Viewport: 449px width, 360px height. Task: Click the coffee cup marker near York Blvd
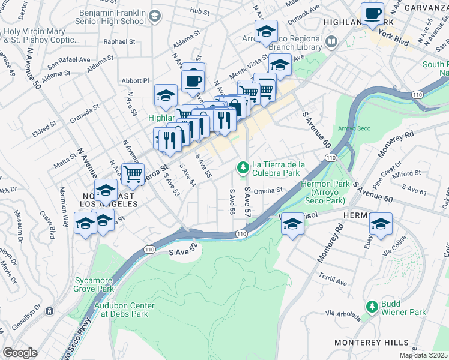pyautogui.click(x=372, y=13)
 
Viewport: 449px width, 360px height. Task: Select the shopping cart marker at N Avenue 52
pyautogui.click(x=133, y=175)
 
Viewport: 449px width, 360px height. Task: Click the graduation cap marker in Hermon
pyautogui.click(x=381, y=224)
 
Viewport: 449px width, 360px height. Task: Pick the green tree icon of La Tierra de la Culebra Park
pyautogui.click(x=243, y=167)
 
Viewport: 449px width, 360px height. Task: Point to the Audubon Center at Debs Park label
pyautogui.click(x=124, y=310)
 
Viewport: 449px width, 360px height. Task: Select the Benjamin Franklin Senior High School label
pyautogui.click(x=112, y=16)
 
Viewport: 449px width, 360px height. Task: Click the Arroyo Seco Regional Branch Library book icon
pyautogui.click(x=332, y=41)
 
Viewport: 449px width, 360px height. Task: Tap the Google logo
pyautogui.click(x=20, y=353)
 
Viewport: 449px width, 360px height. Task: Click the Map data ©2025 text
pyautogui.click(x=424, y=356)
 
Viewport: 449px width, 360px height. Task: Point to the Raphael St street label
pyautogui.click(x=119, y=42)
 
